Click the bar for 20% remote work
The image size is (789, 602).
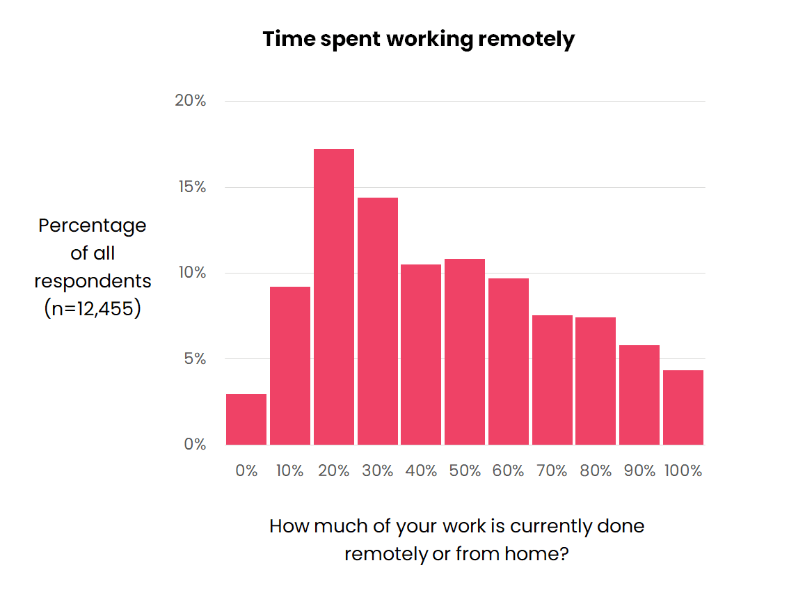tap(334, 296)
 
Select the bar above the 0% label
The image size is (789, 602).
tap(246, 419)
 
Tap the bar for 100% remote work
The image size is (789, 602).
tap(683, 407)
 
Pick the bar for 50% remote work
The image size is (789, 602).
tap(465, 351)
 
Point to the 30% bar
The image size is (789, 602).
tap(378, 321)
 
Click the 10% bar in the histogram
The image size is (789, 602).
tap(290, 365)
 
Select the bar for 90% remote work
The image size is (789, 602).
tap(639, 395)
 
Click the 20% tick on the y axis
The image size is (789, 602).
tap(190, 101)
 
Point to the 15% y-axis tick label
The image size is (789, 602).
tap(191, 187)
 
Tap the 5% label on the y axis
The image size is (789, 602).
tap(194, 359)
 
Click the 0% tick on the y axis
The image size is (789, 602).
tap(195, 444)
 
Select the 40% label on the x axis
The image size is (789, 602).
tap(421, 471)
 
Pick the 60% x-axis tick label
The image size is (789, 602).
tap(509, 471)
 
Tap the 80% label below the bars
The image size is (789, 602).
tap(596, 471)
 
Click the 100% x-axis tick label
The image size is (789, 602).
tap(683, 471)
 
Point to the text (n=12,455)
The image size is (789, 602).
tap(93, 308)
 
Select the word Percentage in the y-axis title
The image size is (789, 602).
tap(93, 226)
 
